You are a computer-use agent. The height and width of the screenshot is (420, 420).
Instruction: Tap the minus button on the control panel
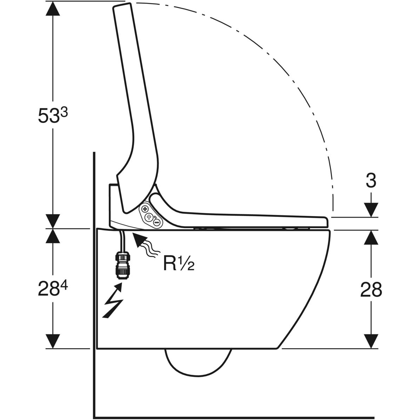[157, 222]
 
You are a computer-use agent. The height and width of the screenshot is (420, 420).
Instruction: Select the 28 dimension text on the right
[371, 290]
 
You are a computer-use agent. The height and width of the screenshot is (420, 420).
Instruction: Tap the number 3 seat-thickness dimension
[371, 181]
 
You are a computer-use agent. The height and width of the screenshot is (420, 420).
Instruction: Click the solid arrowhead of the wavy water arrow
[139, 240]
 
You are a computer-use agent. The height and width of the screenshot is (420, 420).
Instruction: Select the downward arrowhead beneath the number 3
[371, 210]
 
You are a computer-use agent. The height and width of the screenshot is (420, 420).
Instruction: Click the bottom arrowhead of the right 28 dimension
[371, 341]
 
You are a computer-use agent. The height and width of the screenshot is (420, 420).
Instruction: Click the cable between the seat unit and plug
[122, 241]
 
